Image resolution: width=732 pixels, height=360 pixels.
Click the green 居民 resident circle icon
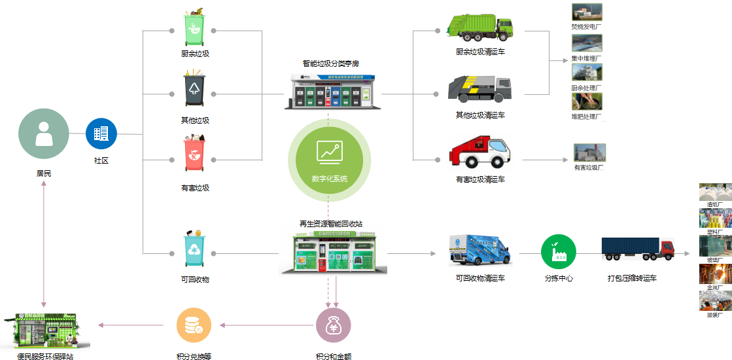[44, 134]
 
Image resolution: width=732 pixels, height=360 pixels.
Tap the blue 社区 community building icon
[101, 134]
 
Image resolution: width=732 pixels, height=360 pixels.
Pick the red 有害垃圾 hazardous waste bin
[194, 155]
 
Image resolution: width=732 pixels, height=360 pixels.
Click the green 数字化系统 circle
[329, 160]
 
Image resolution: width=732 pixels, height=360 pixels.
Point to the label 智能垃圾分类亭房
[330, 63]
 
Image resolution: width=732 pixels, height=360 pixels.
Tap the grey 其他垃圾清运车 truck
[479, 89]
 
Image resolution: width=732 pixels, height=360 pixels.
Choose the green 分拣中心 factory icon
[558, 251]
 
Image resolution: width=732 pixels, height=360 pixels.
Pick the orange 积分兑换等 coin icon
[194, 325]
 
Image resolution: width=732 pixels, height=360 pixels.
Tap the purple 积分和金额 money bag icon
[334, 325]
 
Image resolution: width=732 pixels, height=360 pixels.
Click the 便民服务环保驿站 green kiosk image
[46, 331]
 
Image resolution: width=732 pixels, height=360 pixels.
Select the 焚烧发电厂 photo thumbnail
[587, 12]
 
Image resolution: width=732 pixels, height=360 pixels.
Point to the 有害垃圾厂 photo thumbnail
[589, 153]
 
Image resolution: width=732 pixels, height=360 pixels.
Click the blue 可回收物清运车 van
[479, 249]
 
